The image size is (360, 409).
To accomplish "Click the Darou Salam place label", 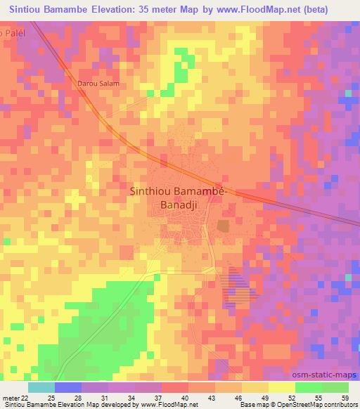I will (98, 84).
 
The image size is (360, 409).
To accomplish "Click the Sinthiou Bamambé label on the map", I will (180, 190).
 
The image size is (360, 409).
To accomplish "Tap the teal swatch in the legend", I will (41, 387).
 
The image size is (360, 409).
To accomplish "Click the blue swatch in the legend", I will (67, 387).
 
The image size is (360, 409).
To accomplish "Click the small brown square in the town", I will (224, 226).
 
